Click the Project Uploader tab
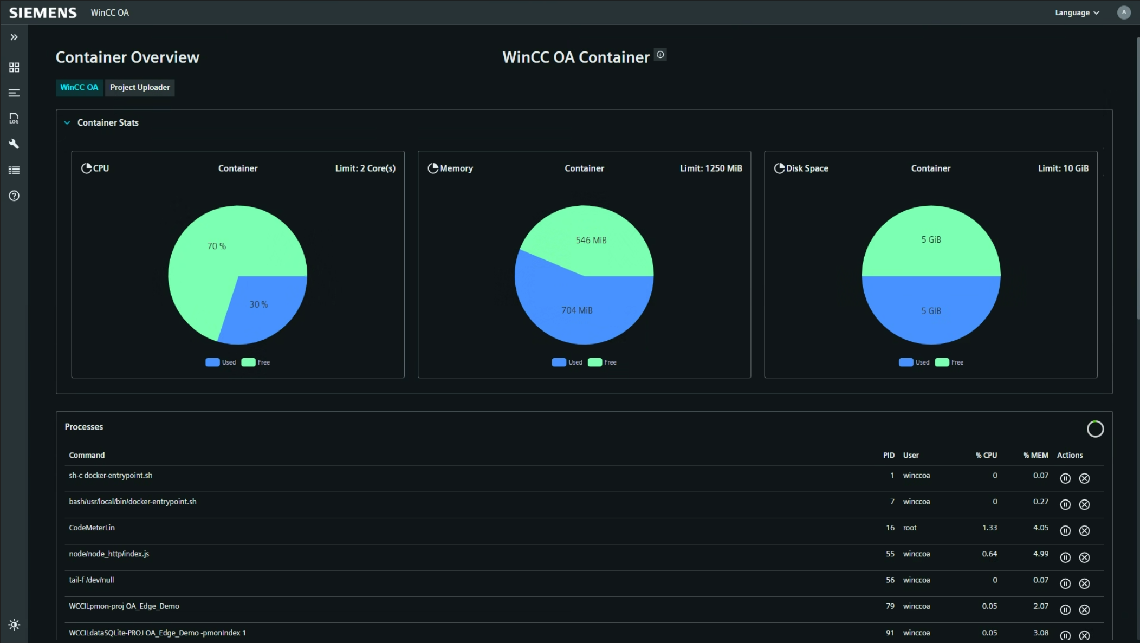point(139,87)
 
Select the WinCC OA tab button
point(79,87)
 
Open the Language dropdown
point(1077,12)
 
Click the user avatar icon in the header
point(1124,12)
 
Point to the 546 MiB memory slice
point(591,241)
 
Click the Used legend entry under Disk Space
point(914,362)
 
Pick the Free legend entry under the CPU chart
point(256,362)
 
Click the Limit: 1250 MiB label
point(711,168)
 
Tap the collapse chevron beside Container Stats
point(67,123)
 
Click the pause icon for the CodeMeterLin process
point(1065,531)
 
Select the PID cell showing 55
point(890,554)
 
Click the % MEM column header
point(1035,455)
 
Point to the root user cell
point(910,528)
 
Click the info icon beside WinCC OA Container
point(660,55)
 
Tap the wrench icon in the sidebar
point(14,144)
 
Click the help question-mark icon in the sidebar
point(14,196)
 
